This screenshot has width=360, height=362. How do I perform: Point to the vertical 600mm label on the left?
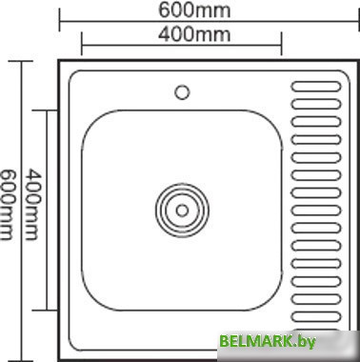click(8, 204)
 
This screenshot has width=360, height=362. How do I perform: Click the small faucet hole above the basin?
click(181, 92)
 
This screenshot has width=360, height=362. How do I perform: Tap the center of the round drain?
click(181, 207)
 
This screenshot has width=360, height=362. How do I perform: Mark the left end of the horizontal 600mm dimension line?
click(60, 18)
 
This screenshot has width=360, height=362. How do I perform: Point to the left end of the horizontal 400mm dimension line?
click(81, 43)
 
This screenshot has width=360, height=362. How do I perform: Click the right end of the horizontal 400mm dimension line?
click(282, 43)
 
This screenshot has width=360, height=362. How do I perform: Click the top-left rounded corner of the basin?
click(88, 116)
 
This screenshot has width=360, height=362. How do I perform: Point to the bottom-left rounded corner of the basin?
click(88, 301)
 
